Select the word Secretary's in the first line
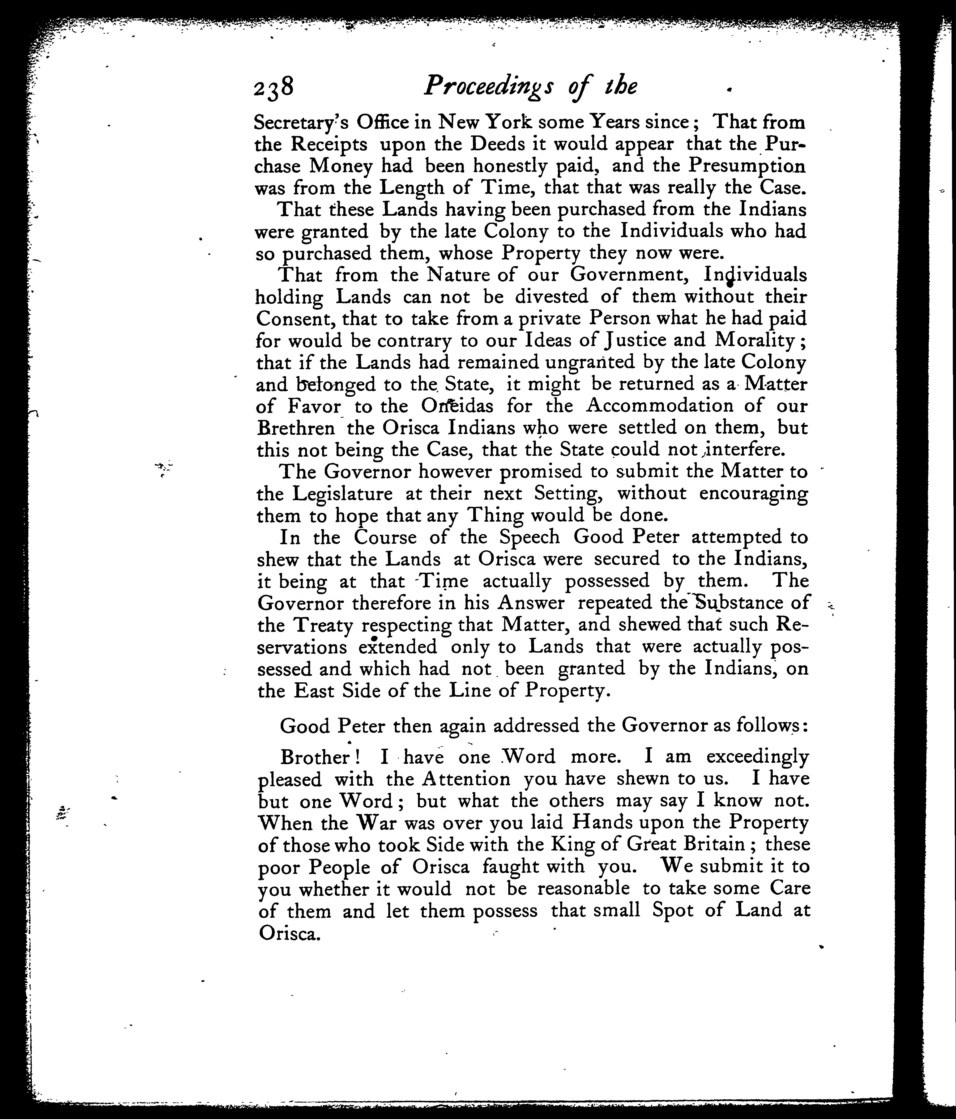[300, 123]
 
